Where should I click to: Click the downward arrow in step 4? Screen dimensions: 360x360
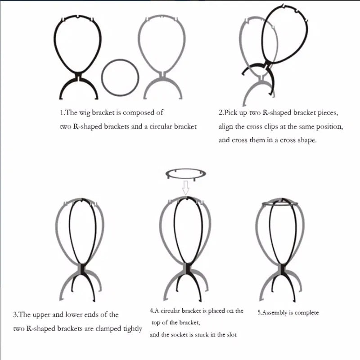pos(185,188)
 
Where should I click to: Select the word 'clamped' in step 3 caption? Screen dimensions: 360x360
pos(108,329)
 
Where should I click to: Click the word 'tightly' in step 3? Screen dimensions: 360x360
pos(133,329)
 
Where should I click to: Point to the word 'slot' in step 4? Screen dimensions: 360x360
pos(232,335)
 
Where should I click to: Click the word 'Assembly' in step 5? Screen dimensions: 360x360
pos(274,313)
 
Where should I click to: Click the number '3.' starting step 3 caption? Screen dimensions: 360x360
pos(16,315)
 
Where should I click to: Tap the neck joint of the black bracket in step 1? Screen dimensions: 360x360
pos(78,76)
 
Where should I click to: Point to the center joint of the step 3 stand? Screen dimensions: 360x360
pos(82,269)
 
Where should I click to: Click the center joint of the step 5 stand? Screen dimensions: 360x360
pos(282,269)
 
